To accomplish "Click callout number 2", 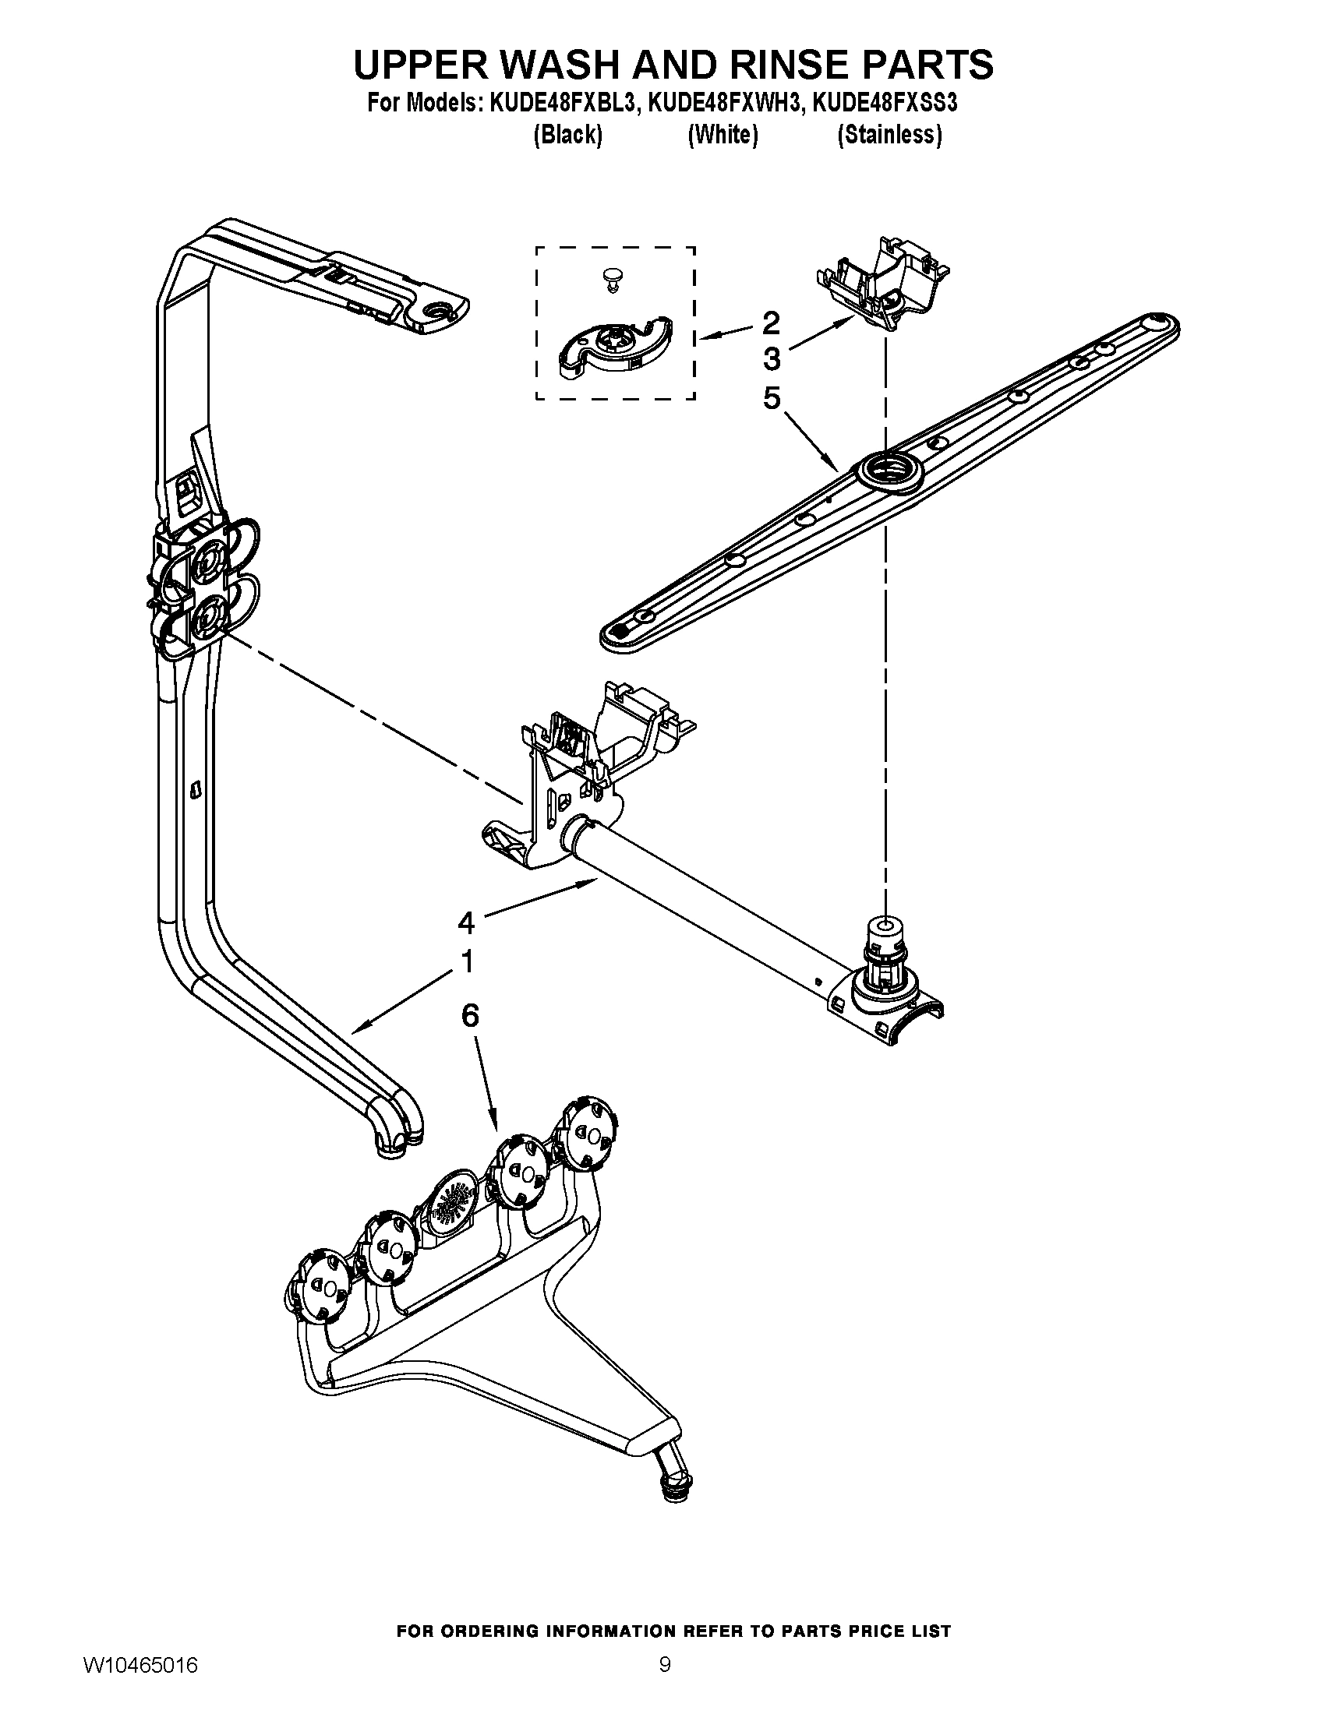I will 771,322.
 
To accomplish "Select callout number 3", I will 772,359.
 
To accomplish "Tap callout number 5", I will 772,399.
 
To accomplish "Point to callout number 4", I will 466,923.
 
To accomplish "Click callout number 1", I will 467,961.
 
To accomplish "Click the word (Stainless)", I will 889,135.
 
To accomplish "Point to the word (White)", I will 723,135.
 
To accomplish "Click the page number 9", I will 664,1681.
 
